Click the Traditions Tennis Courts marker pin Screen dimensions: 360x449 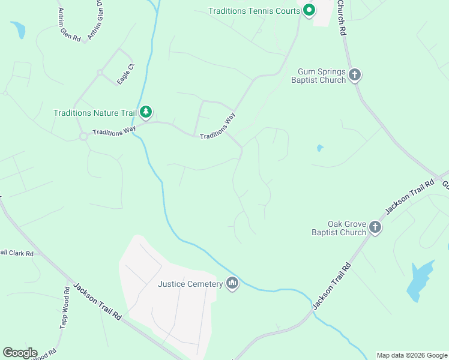point(309,10)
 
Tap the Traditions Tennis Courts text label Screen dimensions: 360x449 point(254,11)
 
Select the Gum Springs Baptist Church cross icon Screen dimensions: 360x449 point(355,75)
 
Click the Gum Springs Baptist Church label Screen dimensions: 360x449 point(318,76)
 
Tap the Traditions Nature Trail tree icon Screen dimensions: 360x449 point(145,112)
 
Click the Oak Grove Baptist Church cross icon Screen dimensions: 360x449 point(375,227)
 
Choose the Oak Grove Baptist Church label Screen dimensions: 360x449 point(339,228)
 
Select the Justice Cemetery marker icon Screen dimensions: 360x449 point(232,283)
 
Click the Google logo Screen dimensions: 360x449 point(20,353)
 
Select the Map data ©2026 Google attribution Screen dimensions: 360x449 point(412,355)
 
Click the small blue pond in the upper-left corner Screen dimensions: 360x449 point(18,29)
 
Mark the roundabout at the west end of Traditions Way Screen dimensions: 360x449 point(83,136)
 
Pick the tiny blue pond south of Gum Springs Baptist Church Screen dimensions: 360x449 point(320,148)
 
